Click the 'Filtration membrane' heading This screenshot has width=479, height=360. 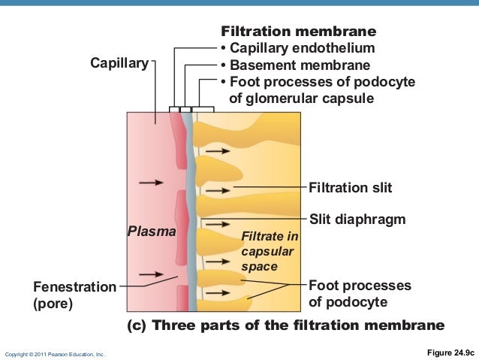(298, 33)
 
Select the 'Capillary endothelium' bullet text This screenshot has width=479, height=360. (298, 49)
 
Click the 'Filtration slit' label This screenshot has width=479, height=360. (350, 186)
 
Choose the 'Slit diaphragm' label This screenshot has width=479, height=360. (357, 219)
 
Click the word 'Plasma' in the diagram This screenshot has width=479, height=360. (151, 231)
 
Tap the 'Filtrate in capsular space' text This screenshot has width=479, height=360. (269, 252)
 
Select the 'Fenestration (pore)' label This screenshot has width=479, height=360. (74, 295)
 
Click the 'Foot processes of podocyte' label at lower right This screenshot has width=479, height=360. (360, 294)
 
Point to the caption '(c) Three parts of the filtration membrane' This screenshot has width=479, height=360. (285, 325)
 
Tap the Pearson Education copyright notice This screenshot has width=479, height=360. (56, 353)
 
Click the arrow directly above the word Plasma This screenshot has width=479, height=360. (151, 182)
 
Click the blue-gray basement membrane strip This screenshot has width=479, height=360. (192, 225)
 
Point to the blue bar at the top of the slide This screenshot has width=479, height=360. (239, 4)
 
